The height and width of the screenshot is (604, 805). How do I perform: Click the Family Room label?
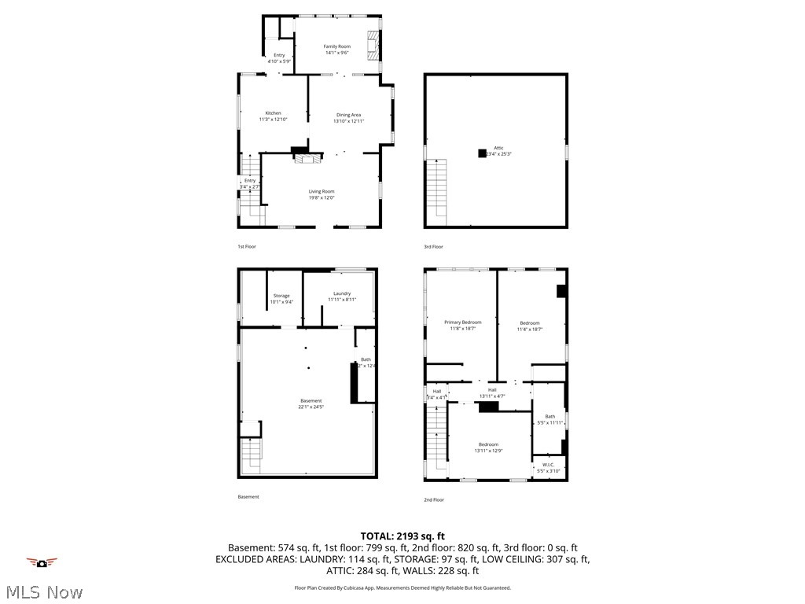337,50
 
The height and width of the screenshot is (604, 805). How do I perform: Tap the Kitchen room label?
273,116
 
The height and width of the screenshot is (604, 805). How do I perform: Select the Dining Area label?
348,118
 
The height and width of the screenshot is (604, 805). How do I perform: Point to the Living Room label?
321,194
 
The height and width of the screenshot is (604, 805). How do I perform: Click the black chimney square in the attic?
482,153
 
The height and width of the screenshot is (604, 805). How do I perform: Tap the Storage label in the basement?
281,299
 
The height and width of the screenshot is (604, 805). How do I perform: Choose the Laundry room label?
341,296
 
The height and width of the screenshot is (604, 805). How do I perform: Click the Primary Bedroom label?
462,326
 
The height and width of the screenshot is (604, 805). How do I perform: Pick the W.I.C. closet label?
548,467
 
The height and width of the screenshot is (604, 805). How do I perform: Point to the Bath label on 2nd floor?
550,419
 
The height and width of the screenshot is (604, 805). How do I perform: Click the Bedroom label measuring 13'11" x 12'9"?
487,447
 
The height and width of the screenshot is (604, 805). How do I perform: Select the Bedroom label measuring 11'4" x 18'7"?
530,326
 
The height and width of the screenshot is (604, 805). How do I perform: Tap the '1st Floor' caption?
247,247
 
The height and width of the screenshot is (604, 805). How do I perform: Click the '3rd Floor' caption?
434,247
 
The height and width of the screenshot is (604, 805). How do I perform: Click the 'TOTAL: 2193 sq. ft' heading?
402,536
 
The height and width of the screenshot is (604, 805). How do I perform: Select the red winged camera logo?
42,562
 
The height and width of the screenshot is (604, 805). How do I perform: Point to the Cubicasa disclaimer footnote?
402,587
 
